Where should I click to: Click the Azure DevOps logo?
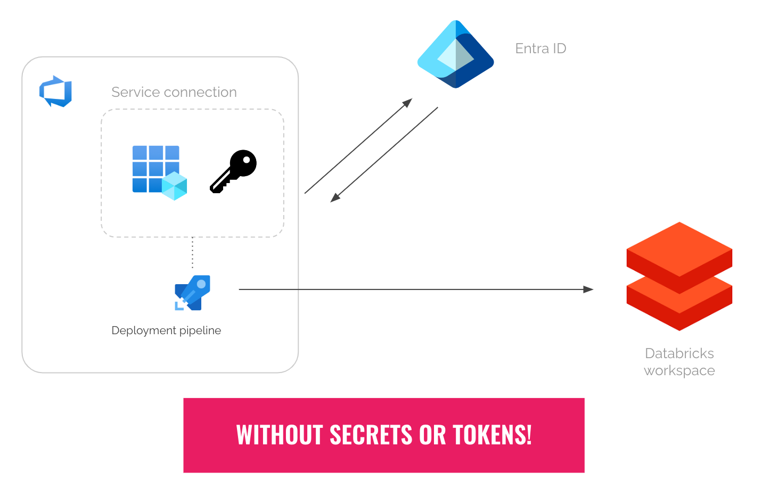[55, 92]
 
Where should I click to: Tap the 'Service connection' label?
[174, 92]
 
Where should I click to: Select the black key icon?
[234, 171]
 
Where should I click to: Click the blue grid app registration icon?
[154, 168]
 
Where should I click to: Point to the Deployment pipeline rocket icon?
[192, 292]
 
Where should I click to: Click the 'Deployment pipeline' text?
[166, 330]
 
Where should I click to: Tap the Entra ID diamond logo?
[455, 54]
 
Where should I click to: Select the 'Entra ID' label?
[540, 48]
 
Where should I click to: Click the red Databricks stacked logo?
[679, 276]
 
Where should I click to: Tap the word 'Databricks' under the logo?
[679, 353]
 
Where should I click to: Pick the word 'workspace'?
[679, 370]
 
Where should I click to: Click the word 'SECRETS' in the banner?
[371, 435]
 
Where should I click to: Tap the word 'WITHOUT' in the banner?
[280, 435]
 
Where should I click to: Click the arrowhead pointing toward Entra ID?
[407, 102]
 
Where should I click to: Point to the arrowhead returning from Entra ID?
[335, 198]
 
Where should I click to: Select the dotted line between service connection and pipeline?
[193, 253]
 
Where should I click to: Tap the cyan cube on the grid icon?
[174, 186]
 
